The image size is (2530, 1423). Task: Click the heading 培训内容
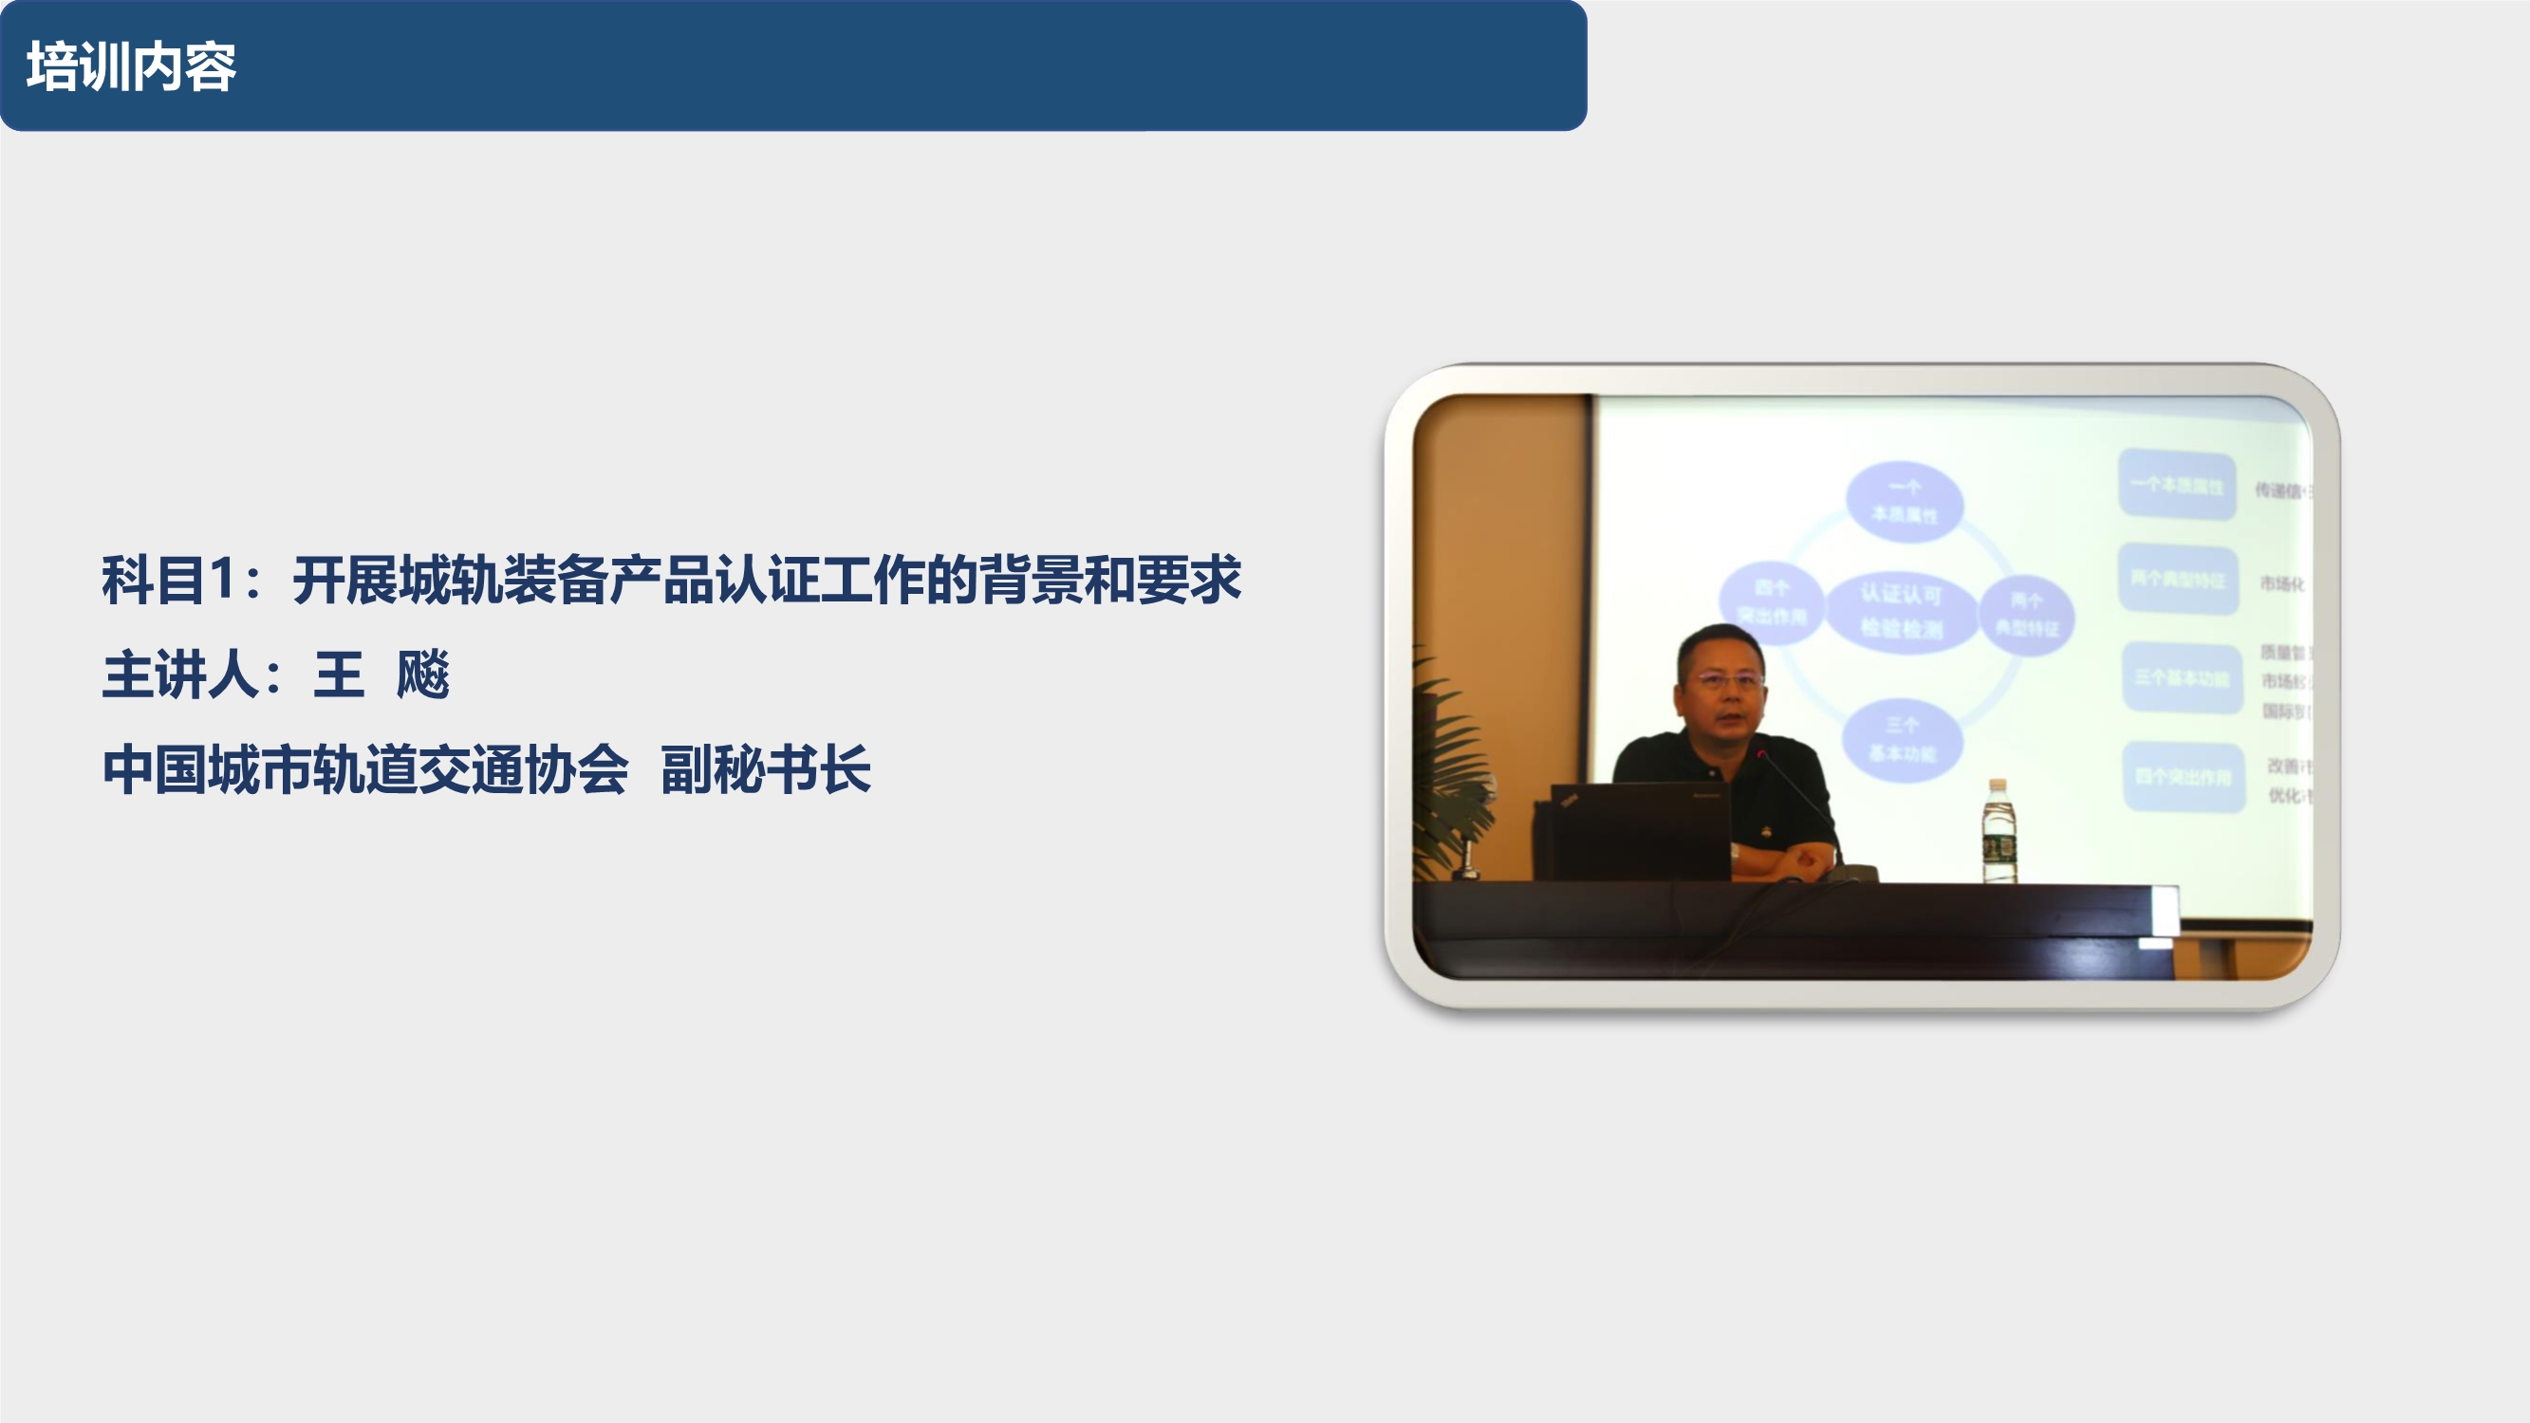[x=131, y=66]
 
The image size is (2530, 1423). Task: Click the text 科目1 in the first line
[x=167, y=580]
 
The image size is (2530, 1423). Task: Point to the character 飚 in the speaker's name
[x=422, y=675]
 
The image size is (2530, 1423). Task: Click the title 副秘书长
[x=765, y=769]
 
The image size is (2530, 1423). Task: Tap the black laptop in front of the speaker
[x=1638, y=831]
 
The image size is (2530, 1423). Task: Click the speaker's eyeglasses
[x=1724, y=679]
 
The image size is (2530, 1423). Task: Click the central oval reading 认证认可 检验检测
[x=1902, y=611]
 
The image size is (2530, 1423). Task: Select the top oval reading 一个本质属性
[x=1905, y=501]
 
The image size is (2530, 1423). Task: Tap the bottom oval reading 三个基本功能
[x=1902, y=740]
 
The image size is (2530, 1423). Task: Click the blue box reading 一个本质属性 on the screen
[x=2176, y=484]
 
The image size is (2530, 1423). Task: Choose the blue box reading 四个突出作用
[x=2184, y=777]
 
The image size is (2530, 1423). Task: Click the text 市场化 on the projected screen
[x=2281, y=583]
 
